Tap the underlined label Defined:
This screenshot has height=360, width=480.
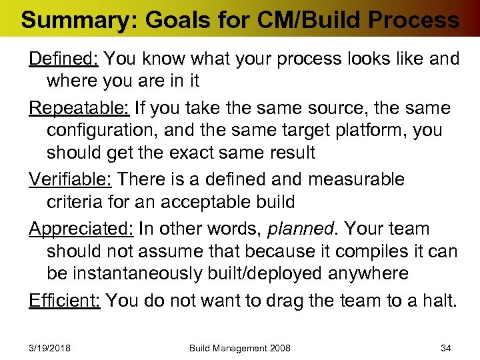click(x=64, y=59)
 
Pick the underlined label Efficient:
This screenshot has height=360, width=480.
click(x=65, y=300)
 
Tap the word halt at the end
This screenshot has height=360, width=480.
click(x=441, y=300)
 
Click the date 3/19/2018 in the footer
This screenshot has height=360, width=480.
click(x=50, y=348)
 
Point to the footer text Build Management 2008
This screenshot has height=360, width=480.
click(x=240, y=348)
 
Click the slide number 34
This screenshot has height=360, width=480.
click(x=446, y=348)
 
